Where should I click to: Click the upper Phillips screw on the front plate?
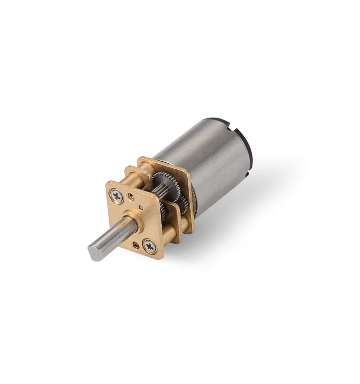117,195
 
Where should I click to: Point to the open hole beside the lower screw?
136,245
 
